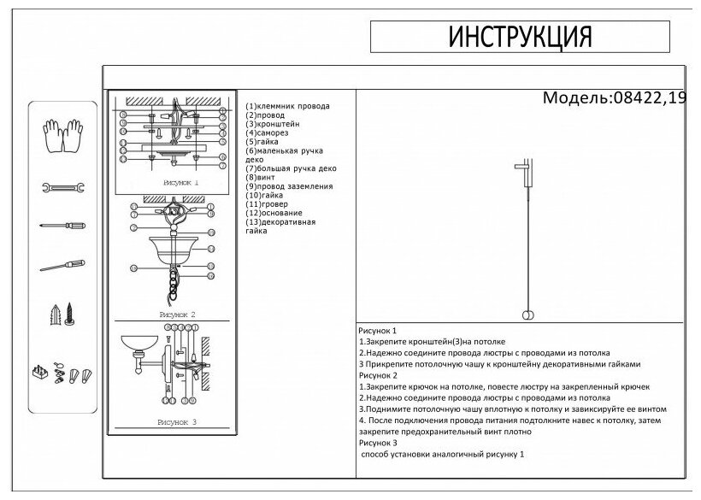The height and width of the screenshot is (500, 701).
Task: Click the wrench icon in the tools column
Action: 62,187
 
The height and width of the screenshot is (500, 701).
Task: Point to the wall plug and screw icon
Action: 62,315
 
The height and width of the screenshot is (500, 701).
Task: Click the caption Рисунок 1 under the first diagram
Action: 178,183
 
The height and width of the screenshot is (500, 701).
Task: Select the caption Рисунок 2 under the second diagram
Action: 178,315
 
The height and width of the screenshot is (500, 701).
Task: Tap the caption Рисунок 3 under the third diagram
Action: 178,422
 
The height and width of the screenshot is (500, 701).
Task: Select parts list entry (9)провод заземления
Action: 289,185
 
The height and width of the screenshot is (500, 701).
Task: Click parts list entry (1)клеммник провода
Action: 287,106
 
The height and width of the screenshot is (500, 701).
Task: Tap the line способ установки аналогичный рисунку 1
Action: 443,455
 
